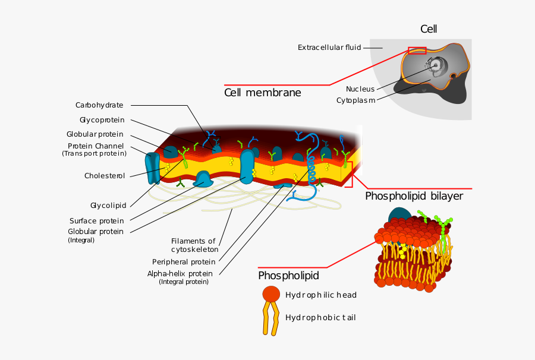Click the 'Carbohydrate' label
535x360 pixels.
click(x=99, y=105)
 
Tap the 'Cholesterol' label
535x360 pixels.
click(x=105, y=176)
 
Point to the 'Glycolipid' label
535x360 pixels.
click(x=108, y=206)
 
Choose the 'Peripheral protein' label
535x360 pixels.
click(x=184, y=261)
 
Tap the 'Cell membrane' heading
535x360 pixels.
click(x=262, y=93)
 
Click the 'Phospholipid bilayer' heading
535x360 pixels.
click(x=414, y=196)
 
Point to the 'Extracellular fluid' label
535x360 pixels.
click(x=329, y=48)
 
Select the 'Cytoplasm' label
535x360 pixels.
click(x=355, y=100)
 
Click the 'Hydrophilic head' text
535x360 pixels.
click(x=321, y=295)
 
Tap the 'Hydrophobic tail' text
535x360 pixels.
click(x=320, y=317)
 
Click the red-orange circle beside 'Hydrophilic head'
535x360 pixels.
click(x=270, y=293)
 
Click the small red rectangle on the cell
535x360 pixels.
click(x=417, y=50)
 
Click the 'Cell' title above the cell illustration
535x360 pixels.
click(x=429, y=29)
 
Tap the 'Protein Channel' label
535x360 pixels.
click(x=96, y=146)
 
